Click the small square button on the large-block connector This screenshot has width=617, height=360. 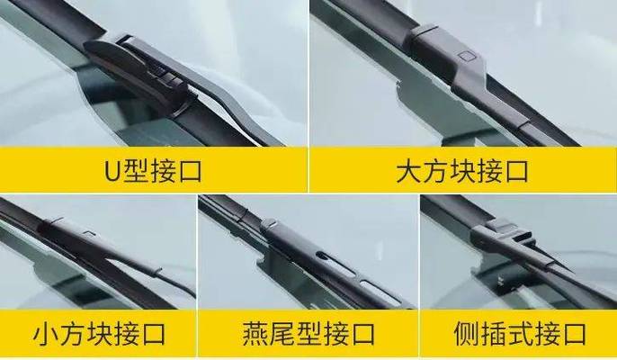[467, 59]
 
